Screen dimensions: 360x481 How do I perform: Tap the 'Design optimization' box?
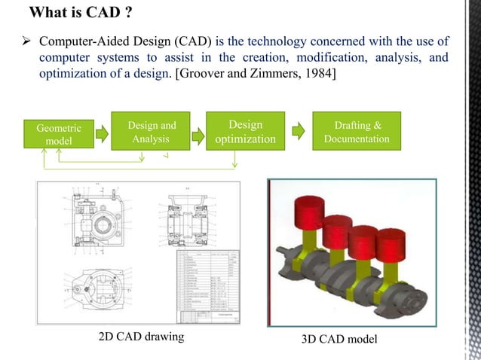coord(245,133)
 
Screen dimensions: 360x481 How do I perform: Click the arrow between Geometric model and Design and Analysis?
coord(97,134)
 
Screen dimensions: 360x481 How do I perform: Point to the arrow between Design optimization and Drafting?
coord(299,133)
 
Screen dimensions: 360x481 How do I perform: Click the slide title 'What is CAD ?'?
coord(81,13)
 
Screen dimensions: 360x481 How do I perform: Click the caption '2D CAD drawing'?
coord(141,337)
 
